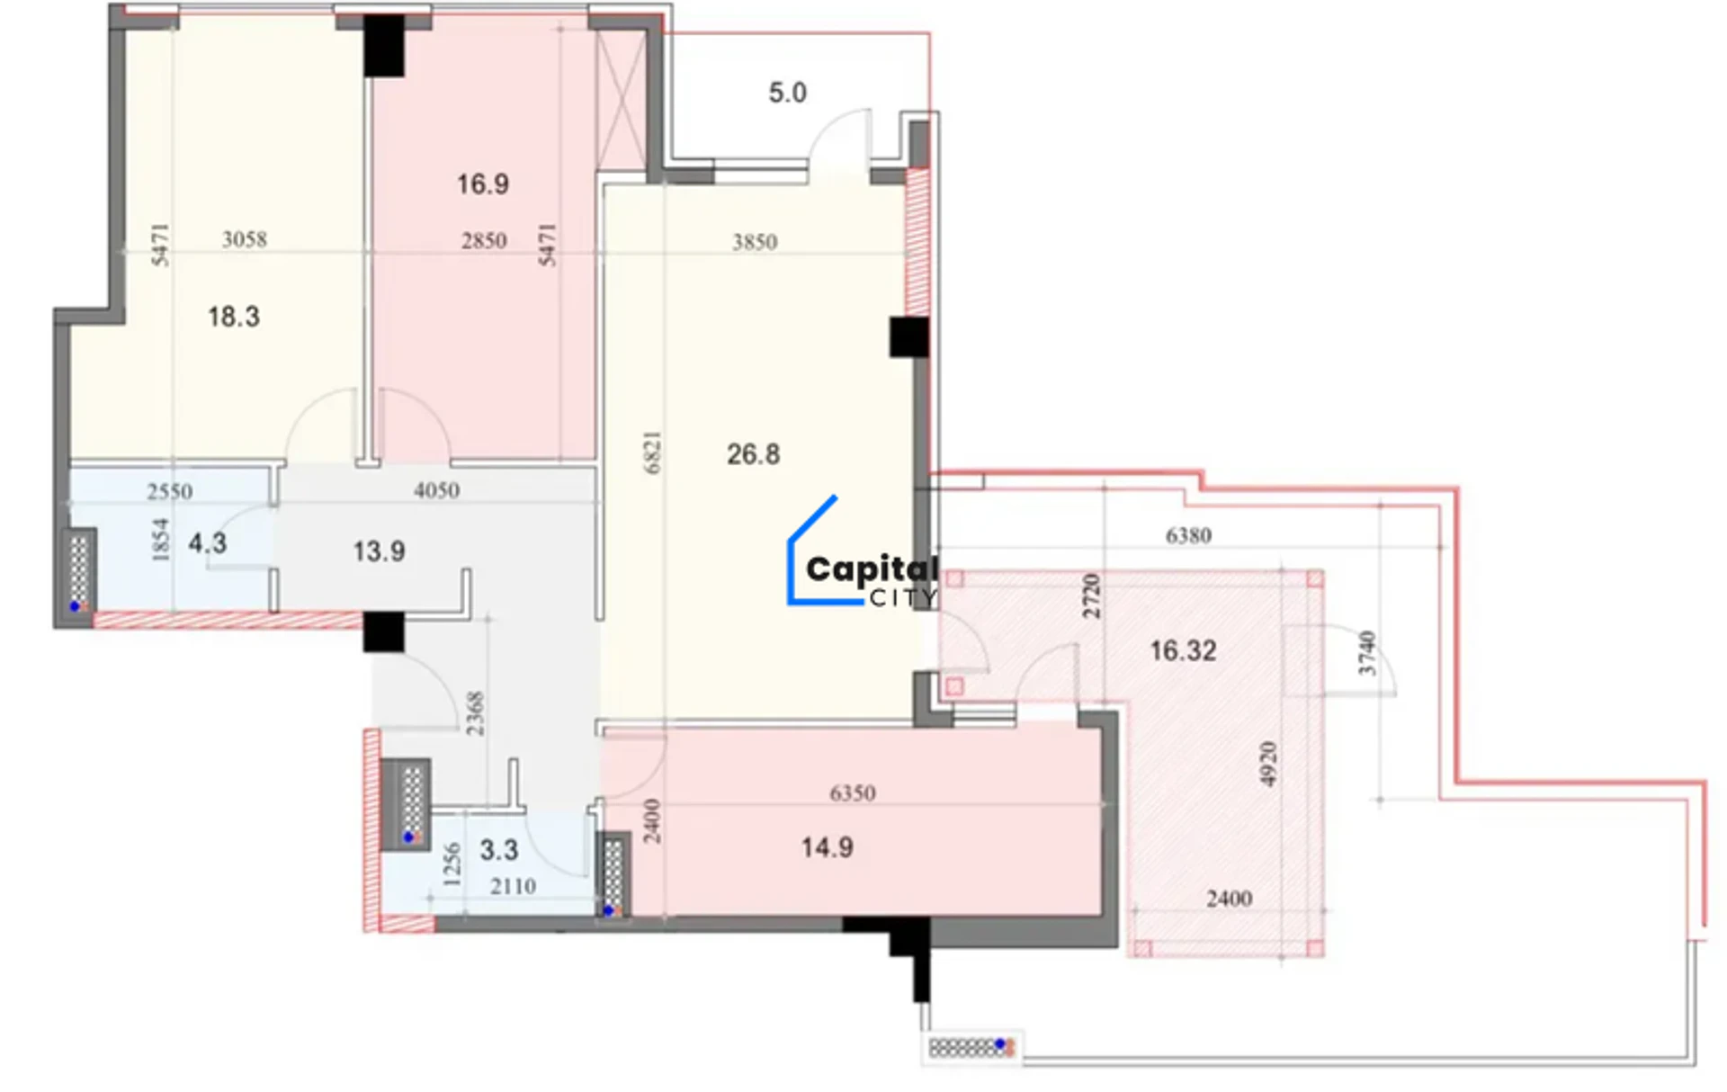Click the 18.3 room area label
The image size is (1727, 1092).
(x=234, y=317)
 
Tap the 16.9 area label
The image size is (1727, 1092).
(x=483, y=184)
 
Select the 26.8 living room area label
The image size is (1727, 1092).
(x=754, y=454)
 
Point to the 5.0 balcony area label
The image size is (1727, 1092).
(x=788, y=93)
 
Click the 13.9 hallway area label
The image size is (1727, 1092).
(x=379, y=551)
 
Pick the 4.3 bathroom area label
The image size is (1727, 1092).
(x=208, y=543)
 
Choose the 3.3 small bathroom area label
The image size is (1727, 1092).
(x=499, y=850)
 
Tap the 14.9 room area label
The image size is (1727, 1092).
(x=828, y=847)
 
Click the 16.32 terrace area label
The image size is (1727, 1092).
(x=1184, y=650)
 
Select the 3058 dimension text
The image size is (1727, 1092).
(x=245, y=239)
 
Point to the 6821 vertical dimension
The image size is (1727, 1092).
(x=653, y=452)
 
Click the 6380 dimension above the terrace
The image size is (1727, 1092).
(x=1189, y=536)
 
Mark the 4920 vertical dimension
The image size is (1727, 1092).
(x=1268, y=764)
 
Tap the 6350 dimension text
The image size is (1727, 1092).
(x=853, y=793)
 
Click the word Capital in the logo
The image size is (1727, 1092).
(x=872, y=570)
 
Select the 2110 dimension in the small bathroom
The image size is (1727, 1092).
(x=514, y=887)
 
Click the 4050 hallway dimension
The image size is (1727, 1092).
(x=437, y=491)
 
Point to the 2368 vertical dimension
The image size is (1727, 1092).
(x=475, y=713)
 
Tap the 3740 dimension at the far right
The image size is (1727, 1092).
(x=1367, y=653)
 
